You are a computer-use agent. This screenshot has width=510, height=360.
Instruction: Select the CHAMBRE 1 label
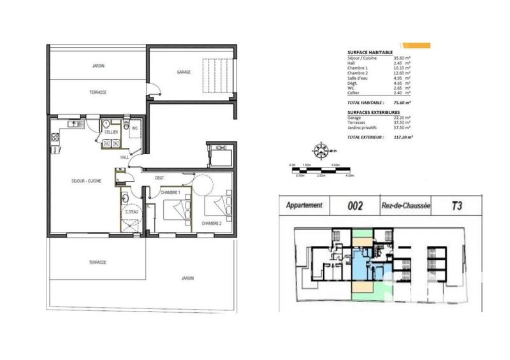[171, 192]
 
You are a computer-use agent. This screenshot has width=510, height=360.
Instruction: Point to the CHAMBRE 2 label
[212, 223]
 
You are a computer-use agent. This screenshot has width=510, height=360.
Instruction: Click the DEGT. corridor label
[160, 178]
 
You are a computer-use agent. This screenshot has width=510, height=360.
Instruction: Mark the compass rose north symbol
[320, 150]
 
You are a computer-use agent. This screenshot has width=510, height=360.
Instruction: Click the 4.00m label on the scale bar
[349, 175]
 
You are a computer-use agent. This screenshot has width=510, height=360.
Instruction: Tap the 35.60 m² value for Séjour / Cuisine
[402, 58]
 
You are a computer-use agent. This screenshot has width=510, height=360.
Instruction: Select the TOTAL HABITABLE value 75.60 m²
[400, 102]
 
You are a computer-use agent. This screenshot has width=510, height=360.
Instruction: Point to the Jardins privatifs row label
[363, 126]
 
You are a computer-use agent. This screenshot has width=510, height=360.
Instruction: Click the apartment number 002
[356, 206]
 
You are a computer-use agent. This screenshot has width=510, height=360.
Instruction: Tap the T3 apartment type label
[456, 205]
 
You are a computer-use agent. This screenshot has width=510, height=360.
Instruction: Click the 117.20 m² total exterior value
[402, 136]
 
